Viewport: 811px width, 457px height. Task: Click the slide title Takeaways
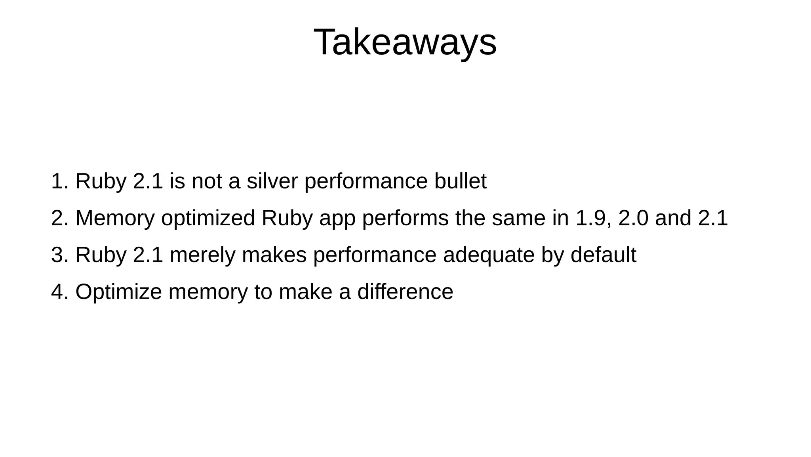(405, 42)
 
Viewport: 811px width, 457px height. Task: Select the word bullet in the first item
(460, 181)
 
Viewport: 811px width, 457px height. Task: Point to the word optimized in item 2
(208, 218)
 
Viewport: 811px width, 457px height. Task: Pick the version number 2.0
(633, 218)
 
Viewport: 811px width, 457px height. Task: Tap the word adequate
(489, 255)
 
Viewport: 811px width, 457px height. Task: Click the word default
(603, 255)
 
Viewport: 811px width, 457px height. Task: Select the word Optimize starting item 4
(118, 292)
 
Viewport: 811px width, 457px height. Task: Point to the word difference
(405, 292)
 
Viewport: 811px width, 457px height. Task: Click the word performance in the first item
(366, 181)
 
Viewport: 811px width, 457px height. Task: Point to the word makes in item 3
(274, 255)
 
